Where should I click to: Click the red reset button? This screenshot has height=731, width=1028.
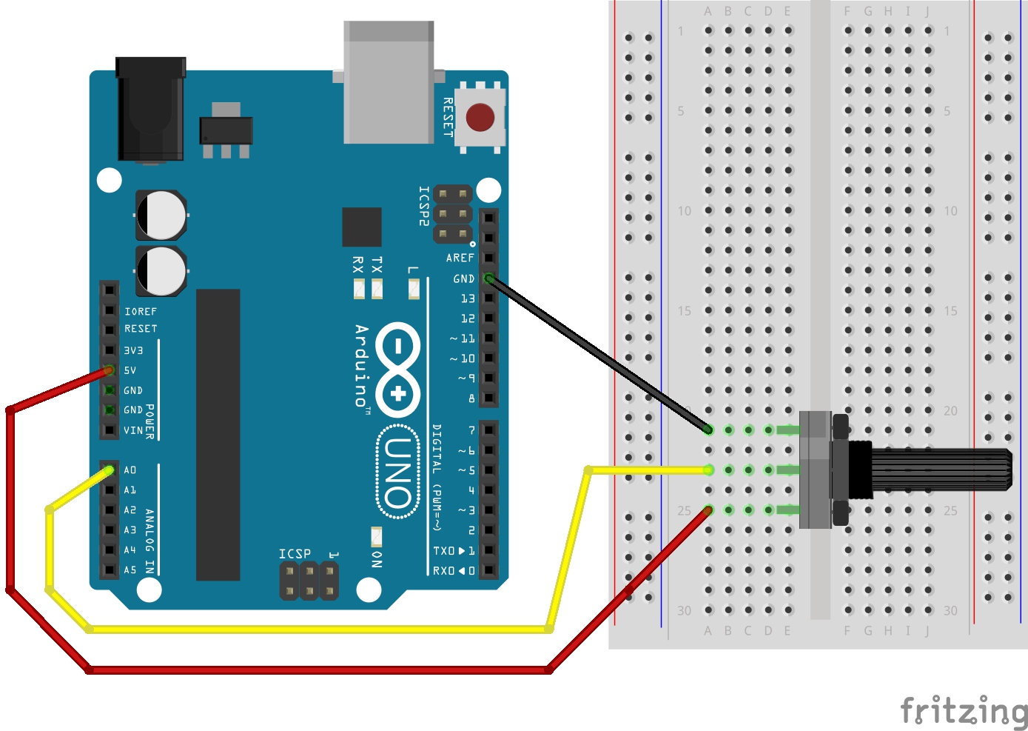point(480,117)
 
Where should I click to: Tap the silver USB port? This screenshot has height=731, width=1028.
point(389,83)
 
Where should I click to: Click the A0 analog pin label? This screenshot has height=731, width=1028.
point(130,470)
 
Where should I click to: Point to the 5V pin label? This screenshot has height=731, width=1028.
point(130,370)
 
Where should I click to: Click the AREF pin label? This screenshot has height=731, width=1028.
point(460,258)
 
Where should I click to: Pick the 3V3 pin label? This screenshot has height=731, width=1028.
point(133,350)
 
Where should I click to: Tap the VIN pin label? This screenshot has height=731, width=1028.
point(133,430)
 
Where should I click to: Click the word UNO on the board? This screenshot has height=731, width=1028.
point(398,472)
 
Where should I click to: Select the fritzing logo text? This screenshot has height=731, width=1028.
point(964,712)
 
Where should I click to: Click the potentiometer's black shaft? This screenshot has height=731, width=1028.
point(940,470)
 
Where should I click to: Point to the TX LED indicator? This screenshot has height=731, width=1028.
point(377,287)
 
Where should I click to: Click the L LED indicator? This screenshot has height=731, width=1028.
point(414,288)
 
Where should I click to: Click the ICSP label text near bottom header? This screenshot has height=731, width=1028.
point(295,554)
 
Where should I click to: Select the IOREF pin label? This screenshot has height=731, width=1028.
point(141,312)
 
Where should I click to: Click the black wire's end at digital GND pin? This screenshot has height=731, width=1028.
point(488,278)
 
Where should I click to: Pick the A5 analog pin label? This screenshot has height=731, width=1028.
point(130,570)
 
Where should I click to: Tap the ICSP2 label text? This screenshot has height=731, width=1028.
point(423,205)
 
